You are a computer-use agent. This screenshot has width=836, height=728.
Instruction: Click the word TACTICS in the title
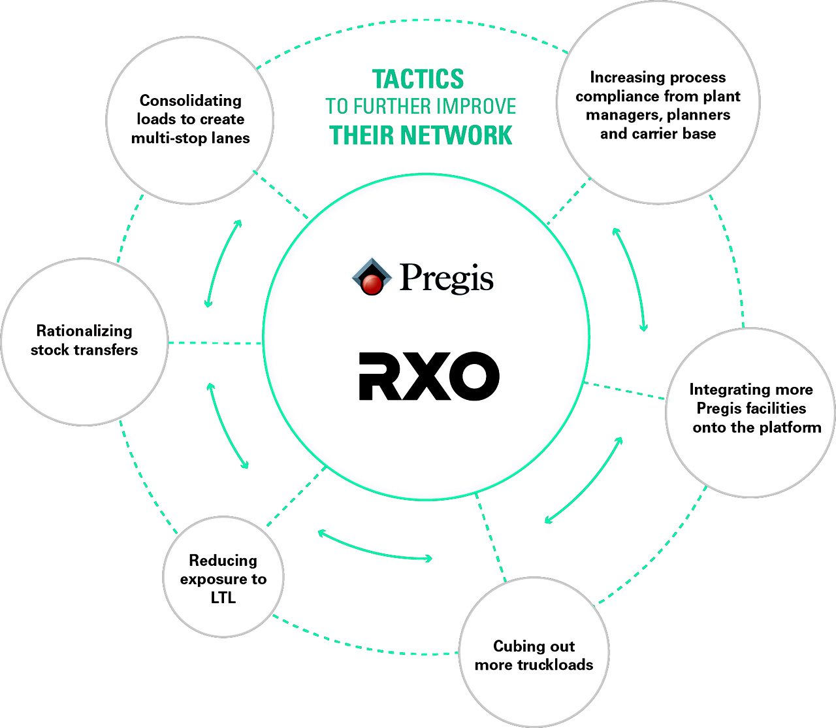[418, 80]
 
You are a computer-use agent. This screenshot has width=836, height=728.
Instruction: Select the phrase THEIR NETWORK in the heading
[421, 135]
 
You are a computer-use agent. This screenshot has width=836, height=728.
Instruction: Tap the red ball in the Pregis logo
[372, 284]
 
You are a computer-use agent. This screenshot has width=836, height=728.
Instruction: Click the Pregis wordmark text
[446, 278]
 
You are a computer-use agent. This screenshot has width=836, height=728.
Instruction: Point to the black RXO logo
[429, 376]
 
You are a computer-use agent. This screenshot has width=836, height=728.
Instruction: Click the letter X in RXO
[429, 376]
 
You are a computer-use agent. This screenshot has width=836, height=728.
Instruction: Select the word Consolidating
[191, 101]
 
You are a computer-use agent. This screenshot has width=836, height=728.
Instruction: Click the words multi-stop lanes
[191, 138]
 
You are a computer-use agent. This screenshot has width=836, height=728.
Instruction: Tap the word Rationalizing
[84, 331]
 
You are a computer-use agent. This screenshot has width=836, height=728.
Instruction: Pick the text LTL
[223, 598]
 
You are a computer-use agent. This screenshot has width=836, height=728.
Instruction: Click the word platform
[789, 427]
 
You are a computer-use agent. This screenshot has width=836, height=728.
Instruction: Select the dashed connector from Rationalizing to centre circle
[215, 342]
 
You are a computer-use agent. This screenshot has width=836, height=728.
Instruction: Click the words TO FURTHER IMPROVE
[421, 107]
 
